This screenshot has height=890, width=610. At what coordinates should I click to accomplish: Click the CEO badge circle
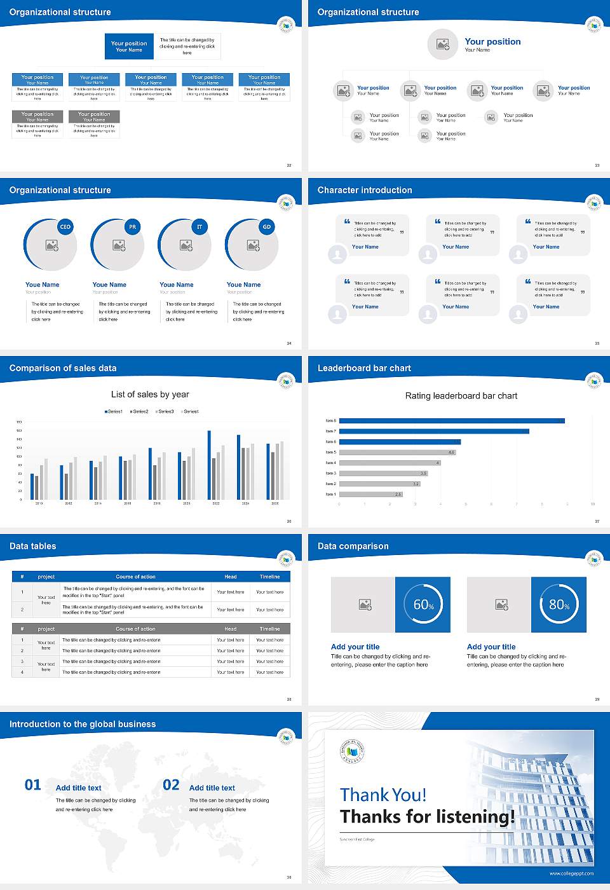click(65, 226)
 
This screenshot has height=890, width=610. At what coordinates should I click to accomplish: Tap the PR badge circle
click(132, 226)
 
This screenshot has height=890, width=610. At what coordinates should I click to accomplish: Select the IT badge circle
click(200, 226)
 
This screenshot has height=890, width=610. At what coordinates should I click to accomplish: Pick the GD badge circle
click(267, 226)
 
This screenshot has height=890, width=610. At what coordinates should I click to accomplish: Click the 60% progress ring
click(423, 605)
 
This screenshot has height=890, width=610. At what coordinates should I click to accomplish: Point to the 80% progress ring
click(559, 605)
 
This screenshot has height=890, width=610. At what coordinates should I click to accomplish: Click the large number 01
click(33, 785)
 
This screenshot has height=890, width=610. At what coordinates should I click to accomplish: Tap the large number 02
click(171, 785)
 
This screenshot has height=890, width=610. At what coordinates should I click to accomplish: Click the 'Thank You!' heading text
click(383, 795)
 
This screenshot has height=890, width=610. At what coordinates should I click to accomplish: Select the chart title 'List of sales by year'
click(150, 394)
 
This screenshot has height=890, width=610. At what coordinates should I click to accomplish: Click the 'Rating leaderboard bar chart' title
click(461, 395)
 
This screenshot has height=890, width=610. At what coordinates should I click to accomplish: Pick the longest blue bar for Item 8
click(452, 421)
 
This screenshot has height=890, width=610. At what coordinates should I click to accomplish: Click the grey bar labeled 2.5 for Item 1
click(370, 494)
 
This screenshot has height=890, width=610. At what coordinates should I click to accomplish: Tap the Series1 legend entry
click(114, 411)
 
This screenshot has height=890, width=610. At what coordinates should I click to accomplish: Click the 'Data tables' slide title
click(33, 546)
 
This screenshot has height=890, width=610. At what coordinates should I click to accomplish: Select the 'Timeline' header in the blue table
click(269, 577)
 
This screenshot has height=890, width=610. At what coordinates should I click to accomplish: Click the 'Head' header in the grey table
click(230, 629)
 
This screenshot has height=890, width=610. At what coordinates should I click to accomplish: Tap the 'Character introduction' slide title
click(365, 190)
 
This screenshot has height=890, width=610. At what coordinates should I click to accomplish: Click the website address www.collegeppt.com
click(571, 873)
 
